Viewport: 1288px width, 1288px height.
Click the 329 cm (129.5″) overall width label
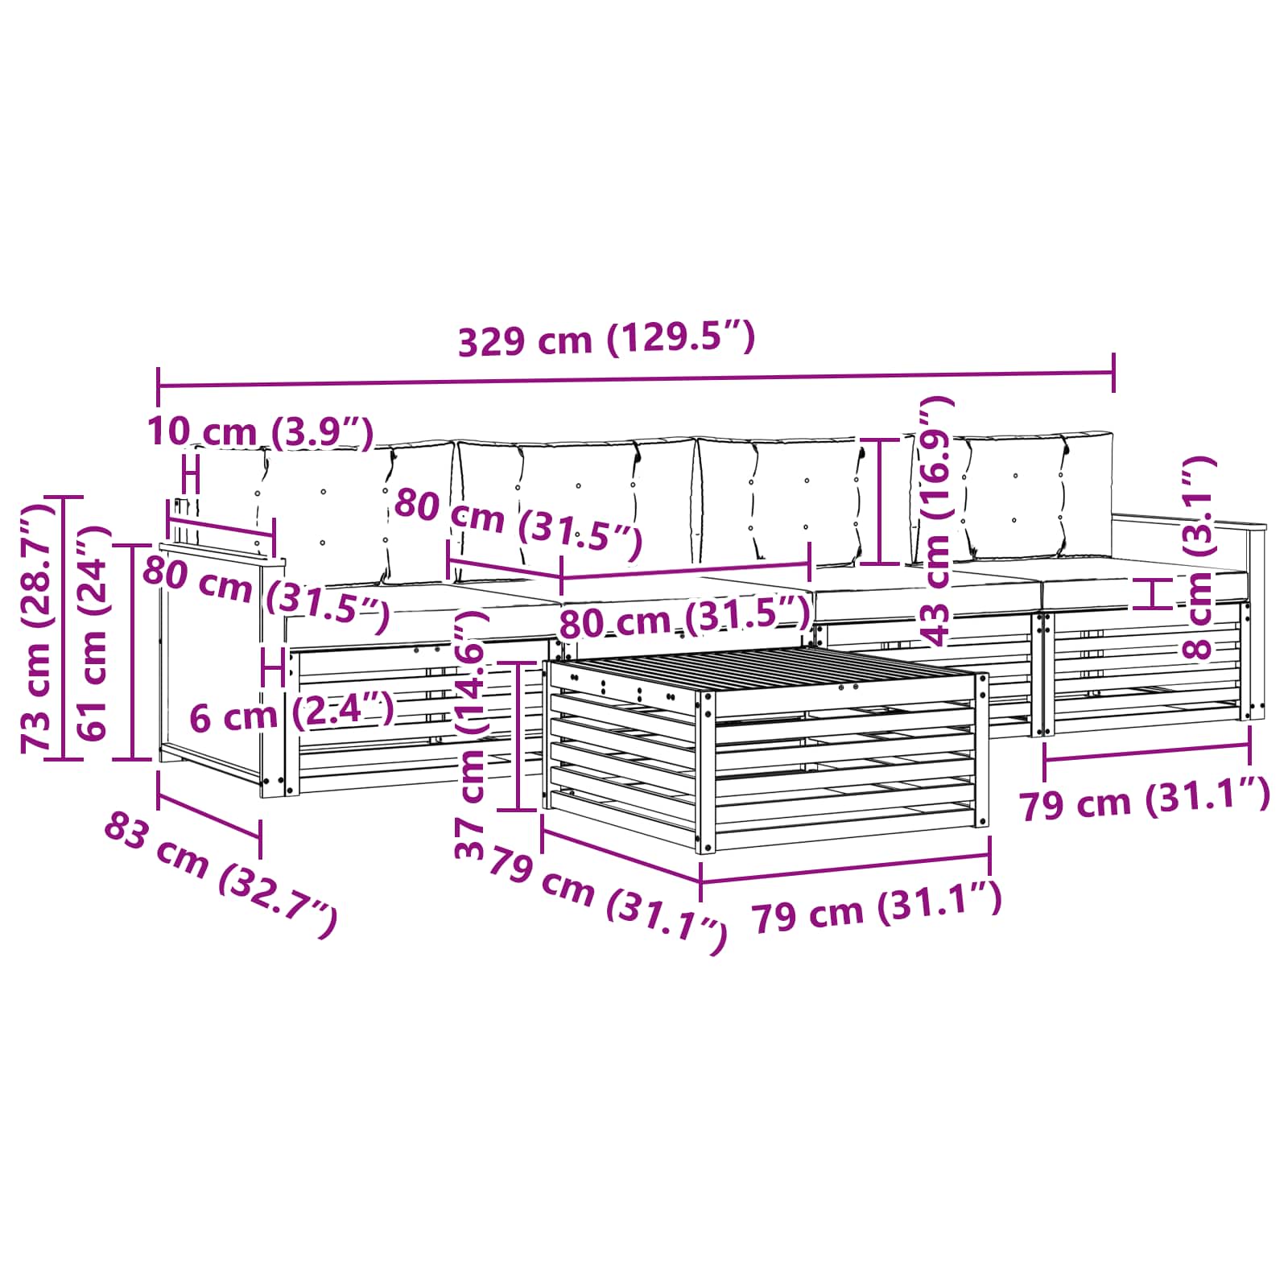(x=606, y=338)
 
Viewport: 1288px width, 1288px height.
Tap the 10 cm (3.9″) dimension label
(x=260, y=432)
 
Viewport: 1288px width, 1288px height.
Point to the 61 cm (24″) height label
(x=93, y=633)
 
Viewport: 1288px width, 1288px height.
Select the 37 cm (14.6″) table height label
(x=472, y=733)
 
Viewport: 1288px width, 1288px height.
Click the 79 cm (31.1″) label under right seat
(x=1145, y=800)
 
